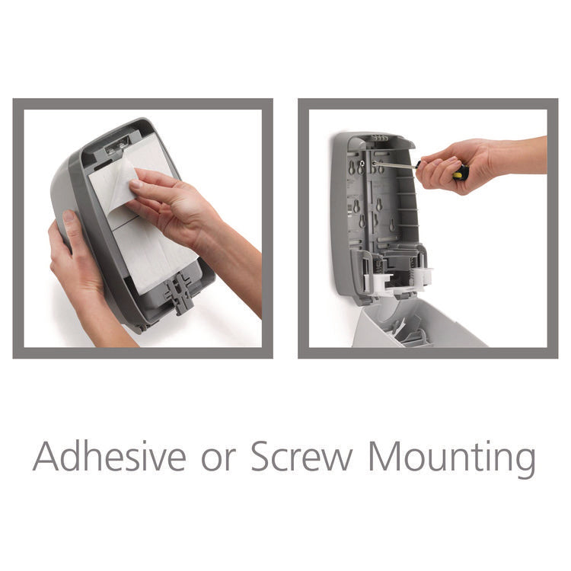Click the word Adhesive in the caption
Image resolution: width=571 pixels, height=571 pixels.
[x=109, y=457]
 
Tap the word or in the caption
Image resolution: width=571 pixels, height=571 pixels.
[x=220, y=458]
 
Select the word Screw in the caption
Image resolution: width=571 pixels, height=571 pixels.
[x=303, y=457]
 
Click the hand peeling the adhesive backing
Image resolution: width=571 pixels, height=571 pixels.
[x=167, y=206]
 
